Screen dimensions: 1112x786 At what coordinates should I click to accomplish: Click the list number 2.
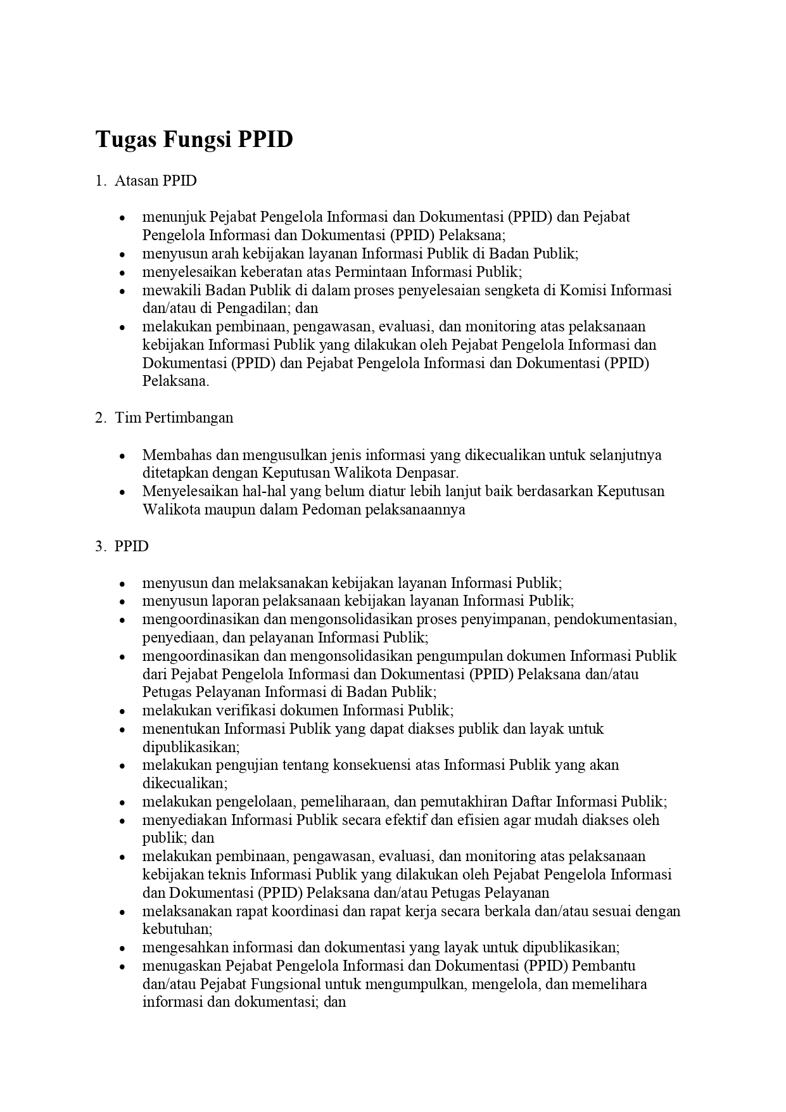point(99,418)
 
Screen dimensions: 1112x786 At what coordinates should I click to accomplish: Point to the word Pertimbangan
point(189,418)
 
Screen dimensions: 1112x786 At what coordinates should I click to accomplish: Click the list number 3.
point(99,547)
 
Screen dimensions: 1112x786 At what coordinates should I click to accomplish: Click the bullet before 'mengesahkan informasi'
point(122,949)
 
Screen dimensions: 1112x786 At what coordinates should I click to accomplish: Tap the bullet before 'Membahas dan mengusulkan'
point(122,456)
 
